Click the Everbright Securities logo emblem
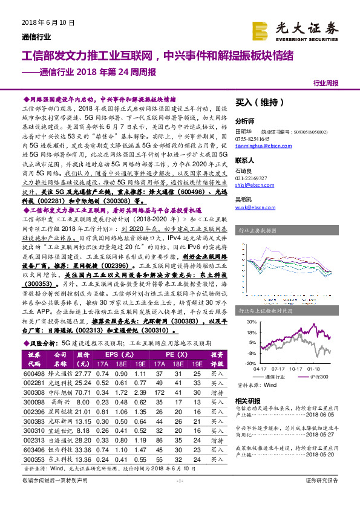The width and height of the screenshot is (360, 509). pyautogui.click(x=261, y=28)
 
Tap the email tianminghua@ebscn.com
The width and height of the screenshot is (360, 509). pyautogui.click(x=261, y=145)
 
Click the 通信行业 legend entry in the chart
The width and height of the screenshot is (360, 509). pyautogui.click(x=275, y=376)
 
